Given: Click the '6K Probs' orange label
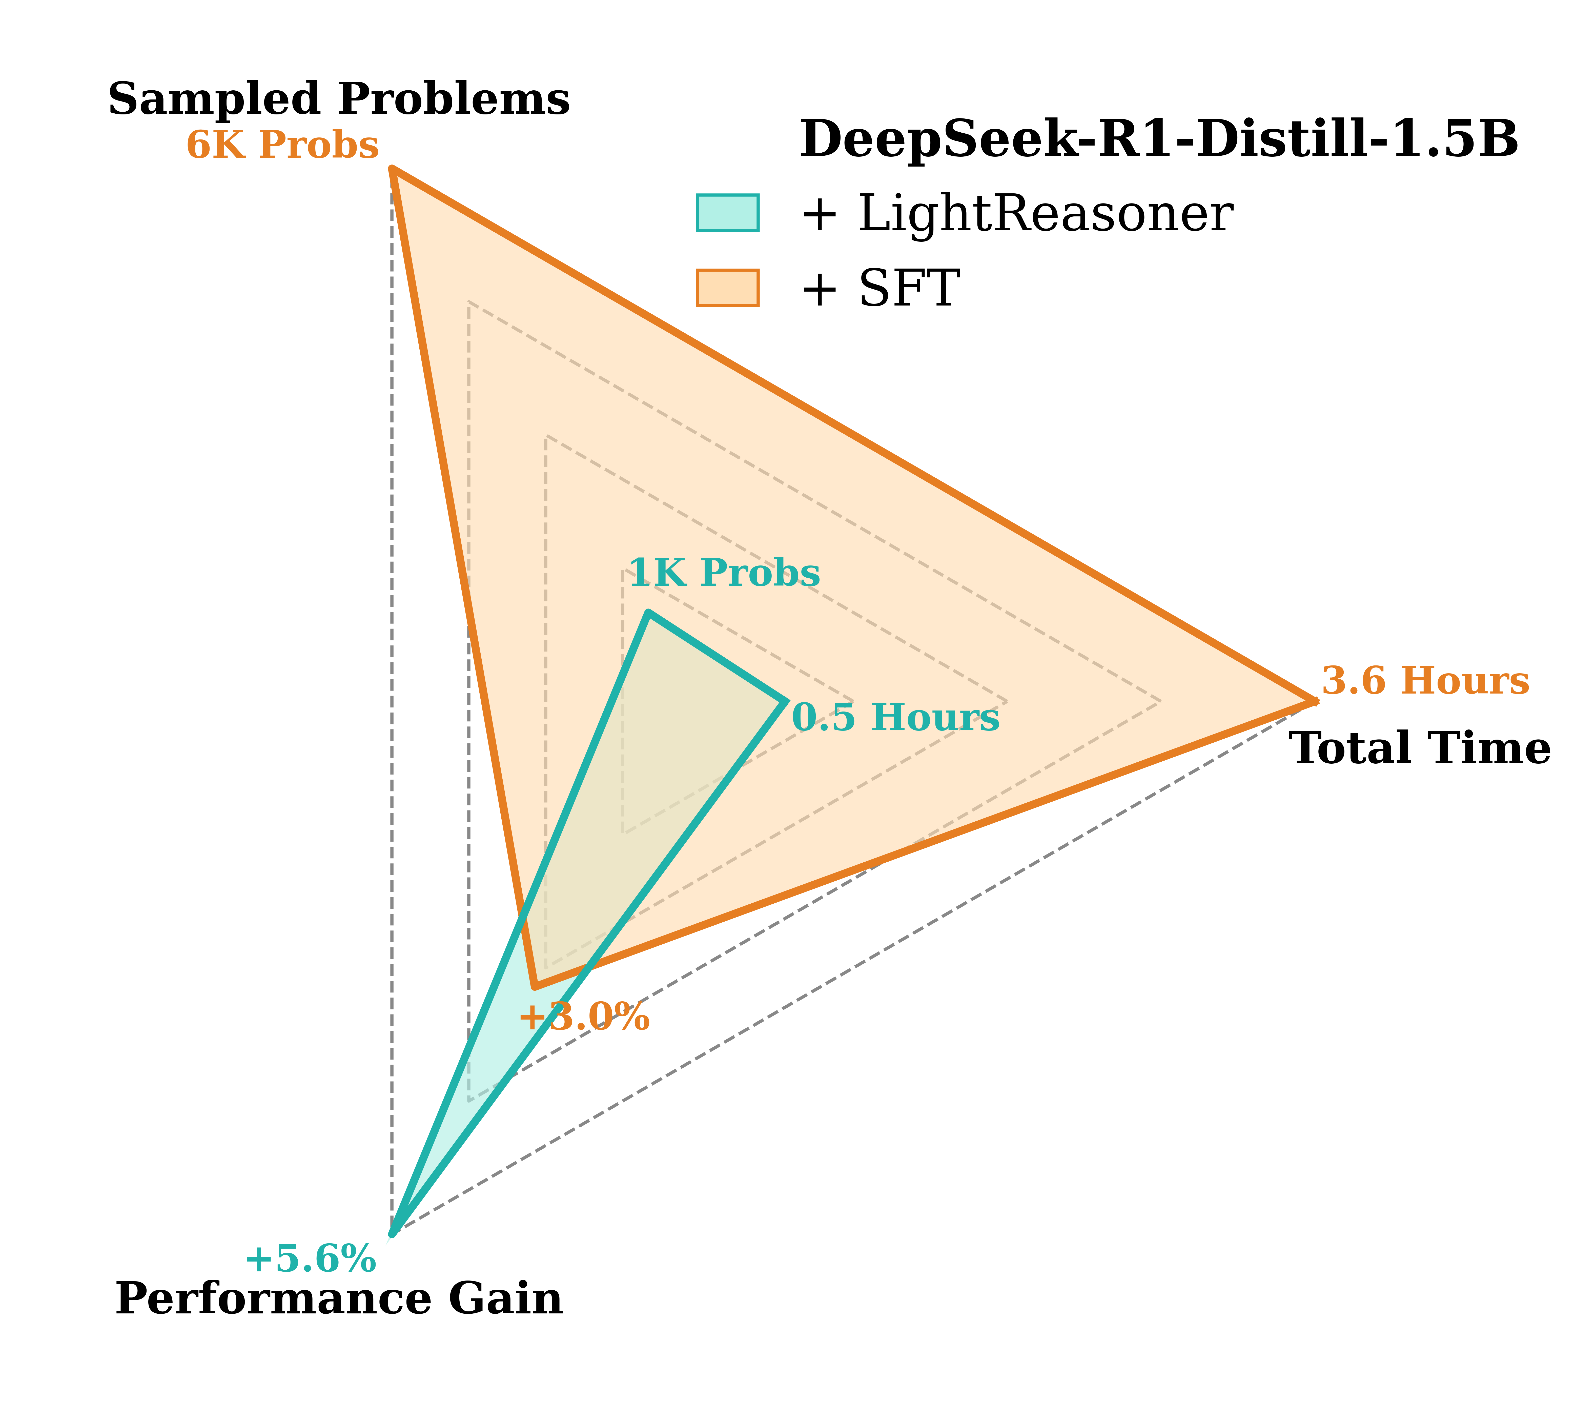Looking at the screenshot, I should click(283, 145).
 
